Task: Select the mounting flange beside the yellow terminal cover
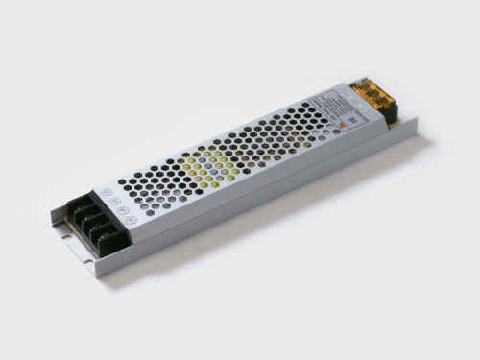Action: tap(408, 125)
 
